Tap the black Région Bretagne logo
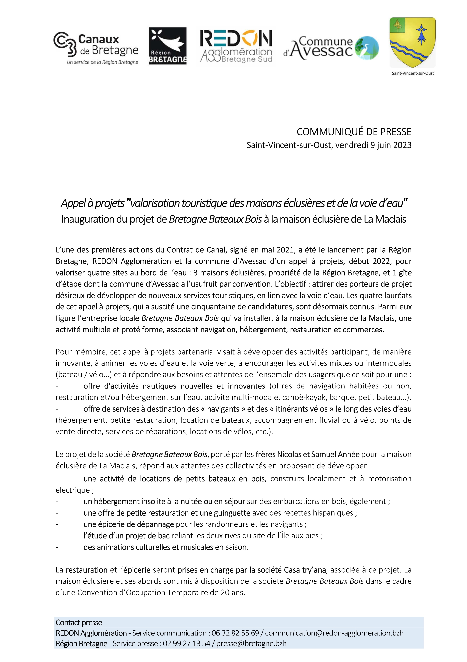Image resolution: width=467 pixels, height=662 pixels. (x=167, y=46)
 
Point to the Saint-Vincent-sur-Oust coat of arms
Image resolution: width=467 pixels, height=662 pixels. (x=412, y=42)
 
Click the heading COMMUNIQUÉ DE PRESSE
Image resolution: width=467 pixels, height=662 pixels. (x=354, y=132)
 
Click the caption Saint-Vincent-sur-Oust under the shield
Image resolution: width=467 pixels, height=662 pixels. (x=413, y=73)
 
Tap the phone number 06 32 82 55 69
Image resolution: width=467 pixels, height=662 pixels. (x=235, y=633)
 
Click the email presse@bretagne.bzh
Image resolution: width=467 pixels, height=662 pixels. (x=251, y=644)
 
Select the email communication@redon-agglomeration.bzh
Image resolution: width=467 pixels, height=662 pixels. (x=334, y=633)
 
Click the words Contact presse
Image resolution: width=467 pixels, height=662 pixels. (x=79, y=623)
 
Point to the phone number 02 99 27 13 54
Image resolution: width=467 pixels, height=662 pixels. (x=187, y=644)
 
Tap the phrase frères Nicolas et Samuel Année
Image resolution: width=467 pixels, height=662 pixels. (x=307, y=454)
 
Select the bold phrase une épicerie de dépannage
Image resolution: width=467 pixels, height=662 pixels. (x=129, y=524)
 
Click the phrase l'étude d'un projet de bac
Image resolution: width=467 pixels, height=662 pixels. (x=126, y=535)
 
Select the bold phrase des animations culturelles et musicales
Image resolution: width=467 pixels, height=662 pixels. (x=148, y=547)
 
